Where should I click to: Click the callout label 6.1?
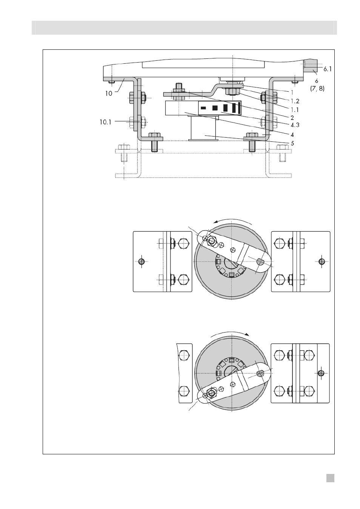coord(327,69)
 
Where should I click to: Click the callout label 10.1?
coord(106,122)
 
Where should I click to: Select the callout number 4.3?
coord(295,125)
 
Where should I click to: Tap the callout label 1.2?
coord(295,101)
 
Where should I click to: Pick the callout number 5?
coord(292,143)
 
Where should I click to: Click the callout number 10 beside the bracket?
coord(109,94)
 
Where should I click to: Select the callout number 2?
coord(292,118)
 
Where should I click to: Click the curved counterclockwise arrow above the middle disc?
coord(230,221)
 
